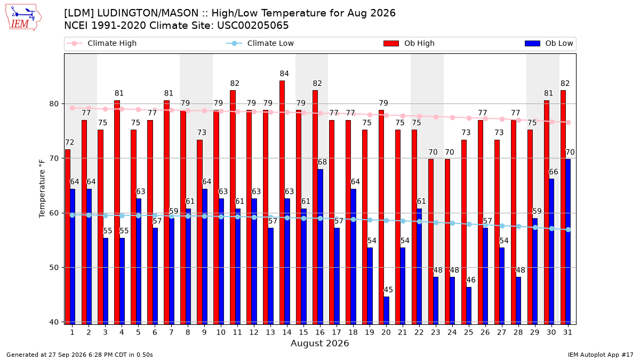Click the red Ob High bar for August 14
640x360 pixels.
282,203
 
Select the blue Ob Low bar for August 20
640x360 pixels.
386,310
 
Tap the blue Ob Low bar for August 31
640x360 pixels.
568,242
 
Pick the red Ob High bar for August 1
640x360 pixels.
67,237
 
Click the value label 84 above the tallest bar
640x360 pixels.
284,74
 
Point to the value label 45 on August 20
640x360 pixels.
388,290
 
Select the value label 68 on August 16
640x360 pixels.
322,162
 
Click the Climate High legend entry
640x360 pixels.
102,43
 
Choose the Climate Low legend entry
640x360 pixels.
260,43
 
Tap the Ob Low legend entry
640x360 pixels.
549,43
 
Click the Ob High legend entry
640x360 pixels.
409,43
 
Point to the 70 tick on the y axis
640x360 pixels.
54,158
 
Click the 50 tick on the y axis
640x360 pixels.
54,268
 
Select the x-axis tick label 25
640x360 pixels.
469,333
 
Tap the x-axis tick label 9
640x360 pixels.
204,333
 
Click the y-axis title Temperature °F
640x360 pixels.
42,189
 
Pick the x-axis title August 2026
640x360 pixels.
319,343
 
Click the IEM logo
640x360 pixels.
23,18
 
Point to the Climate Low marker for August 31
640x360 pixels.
568,230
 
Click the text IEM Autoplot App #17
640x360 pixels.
601,355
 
